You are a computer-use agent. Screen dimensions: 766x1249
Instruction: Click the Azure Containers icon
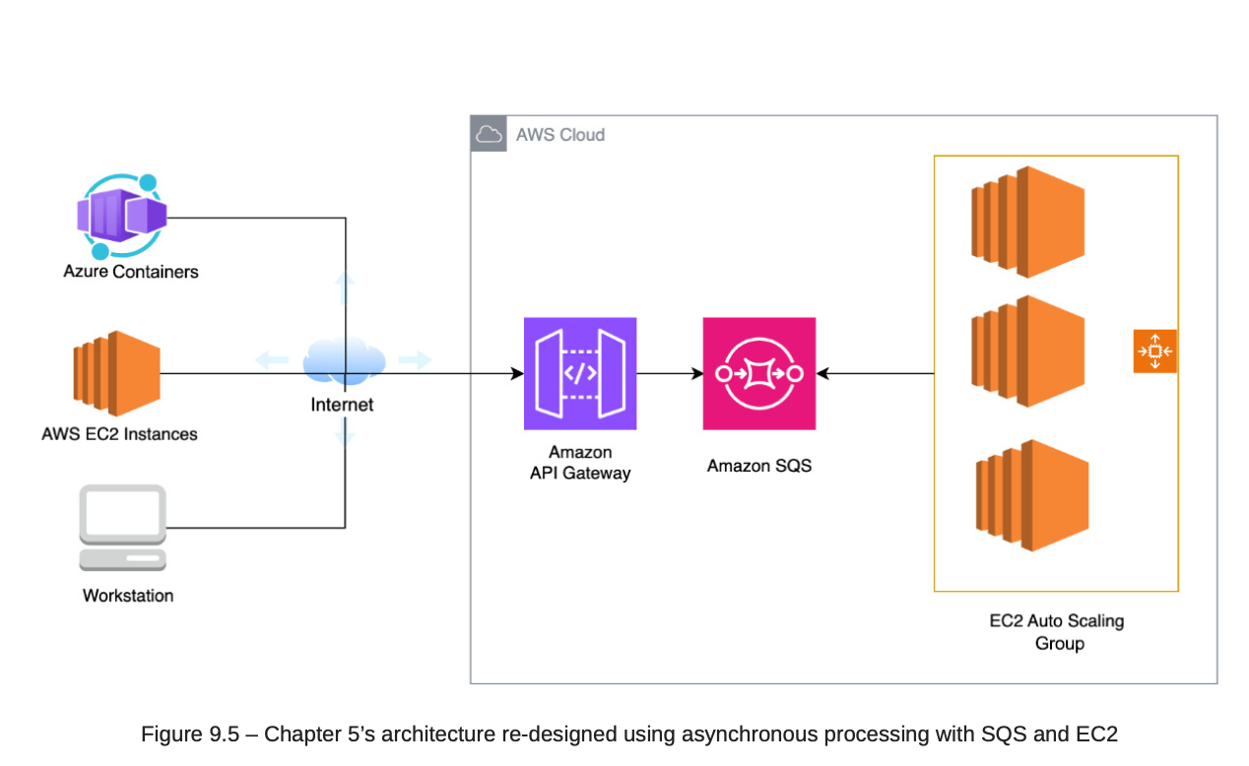point(123,217)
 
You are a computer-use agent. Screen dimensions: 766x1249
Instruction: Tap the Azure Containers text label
point(131,272)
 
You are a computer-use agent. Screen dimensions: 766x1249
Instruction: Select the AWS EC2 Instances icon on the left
point(116,373)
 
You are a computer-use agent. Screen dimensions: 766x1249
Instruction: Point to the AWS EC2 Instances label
point(119,434)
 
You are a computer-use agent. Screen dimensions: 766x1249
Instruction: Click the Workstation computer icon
point(123,527)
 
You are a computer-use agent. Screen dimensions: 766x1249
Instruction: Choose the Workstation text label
point(128,596)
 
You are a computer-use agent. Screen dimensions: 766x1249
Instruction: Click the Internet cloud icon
point(343,361)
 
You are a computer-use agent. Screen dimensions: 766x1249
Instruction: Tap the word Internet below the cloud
point(342,405)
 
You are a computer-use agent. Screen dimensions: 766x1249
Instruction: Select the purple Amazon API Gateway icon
point(580,373)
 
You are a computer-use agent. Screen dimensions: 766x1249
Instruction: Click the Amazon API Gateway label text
point(580,463)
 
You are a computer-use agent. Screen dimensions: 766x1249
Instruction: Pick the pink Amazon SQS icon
point(759,373)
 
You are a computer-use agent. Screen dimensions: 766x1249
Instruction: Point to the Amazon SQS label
point(759,466)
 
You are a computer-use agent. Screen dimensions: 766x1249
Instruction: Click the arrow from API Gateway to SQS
point(670,374)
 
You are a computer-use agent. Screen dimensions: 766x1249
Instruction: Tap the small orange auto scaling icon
point(1154,351)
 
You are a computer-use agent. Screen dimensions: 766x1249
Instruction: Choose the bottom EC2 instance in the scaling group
point(1031,495)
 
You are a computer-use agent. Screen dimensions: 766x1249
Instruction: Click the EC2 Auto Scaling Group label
point(1057,632)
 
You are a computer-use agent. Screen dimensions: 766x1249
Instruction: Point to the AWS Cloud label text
point(560,135)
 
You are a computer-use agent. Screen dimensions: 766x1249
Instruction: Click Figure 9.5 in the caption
point(189,734)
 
